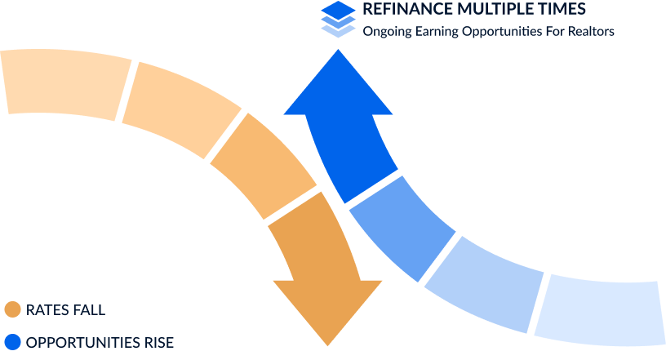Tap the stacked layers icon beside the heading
click(338, 19)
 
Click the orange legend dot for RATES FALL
click(13, 309)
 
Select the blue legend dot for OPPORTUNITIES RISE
click(13, 342)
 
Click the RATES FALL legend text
click(65, 310)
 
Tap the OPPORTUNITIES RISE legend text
click(100, 343)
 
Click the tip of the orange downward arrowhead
click(327, 345)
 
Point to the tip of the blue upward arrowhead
click(338, 50)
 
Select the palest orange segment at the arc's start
click(66, 83)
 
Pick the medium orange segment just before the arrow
click(264, 166)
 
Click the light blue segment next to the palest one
click(484, 282)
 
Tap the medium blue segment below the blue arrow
click(402, 228)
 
